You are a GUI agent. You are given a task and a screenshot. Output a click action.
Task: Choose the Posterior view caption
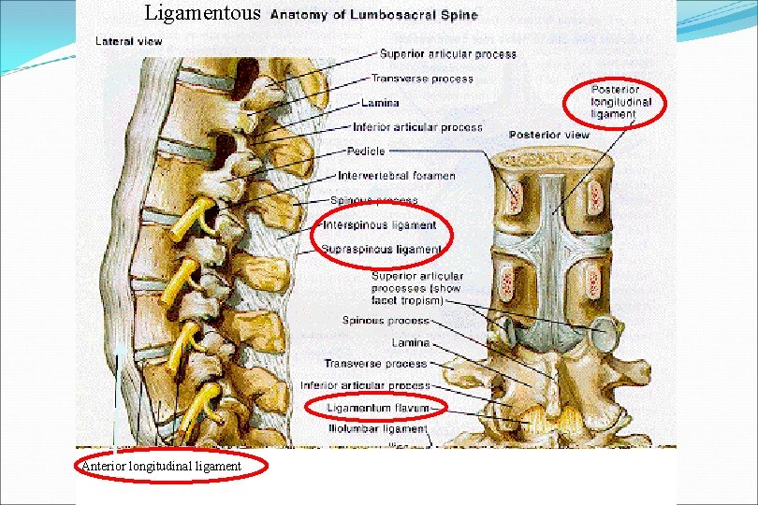click(x=549, y=135)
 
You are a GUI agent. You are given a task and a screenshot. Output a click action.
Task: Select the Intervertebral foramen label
click(x=397, y=175)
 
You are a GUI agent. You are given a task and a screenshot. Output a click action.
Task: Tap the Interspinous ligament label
click(x=379, y=224)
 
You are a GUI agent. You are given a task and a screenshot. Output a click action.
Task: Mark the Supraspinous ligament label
click(x=381, y=249)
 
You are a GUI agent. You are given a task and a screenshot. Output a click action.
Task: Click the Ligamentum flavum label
click(x=378, y=408)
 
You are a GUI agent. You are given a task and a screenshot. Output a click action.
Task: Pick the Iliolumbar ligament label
click(x=377, y=429)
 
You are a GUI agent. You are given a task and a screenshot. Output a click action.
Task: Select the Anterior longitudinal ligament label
click(x=162, y=466)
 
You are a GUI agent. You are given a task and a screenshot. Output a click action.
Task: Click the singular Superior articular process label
click(x=447, y=54)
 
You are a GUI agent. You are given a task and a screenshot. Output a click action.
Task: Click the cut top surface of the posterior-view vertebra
click(x=554, y=160)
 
